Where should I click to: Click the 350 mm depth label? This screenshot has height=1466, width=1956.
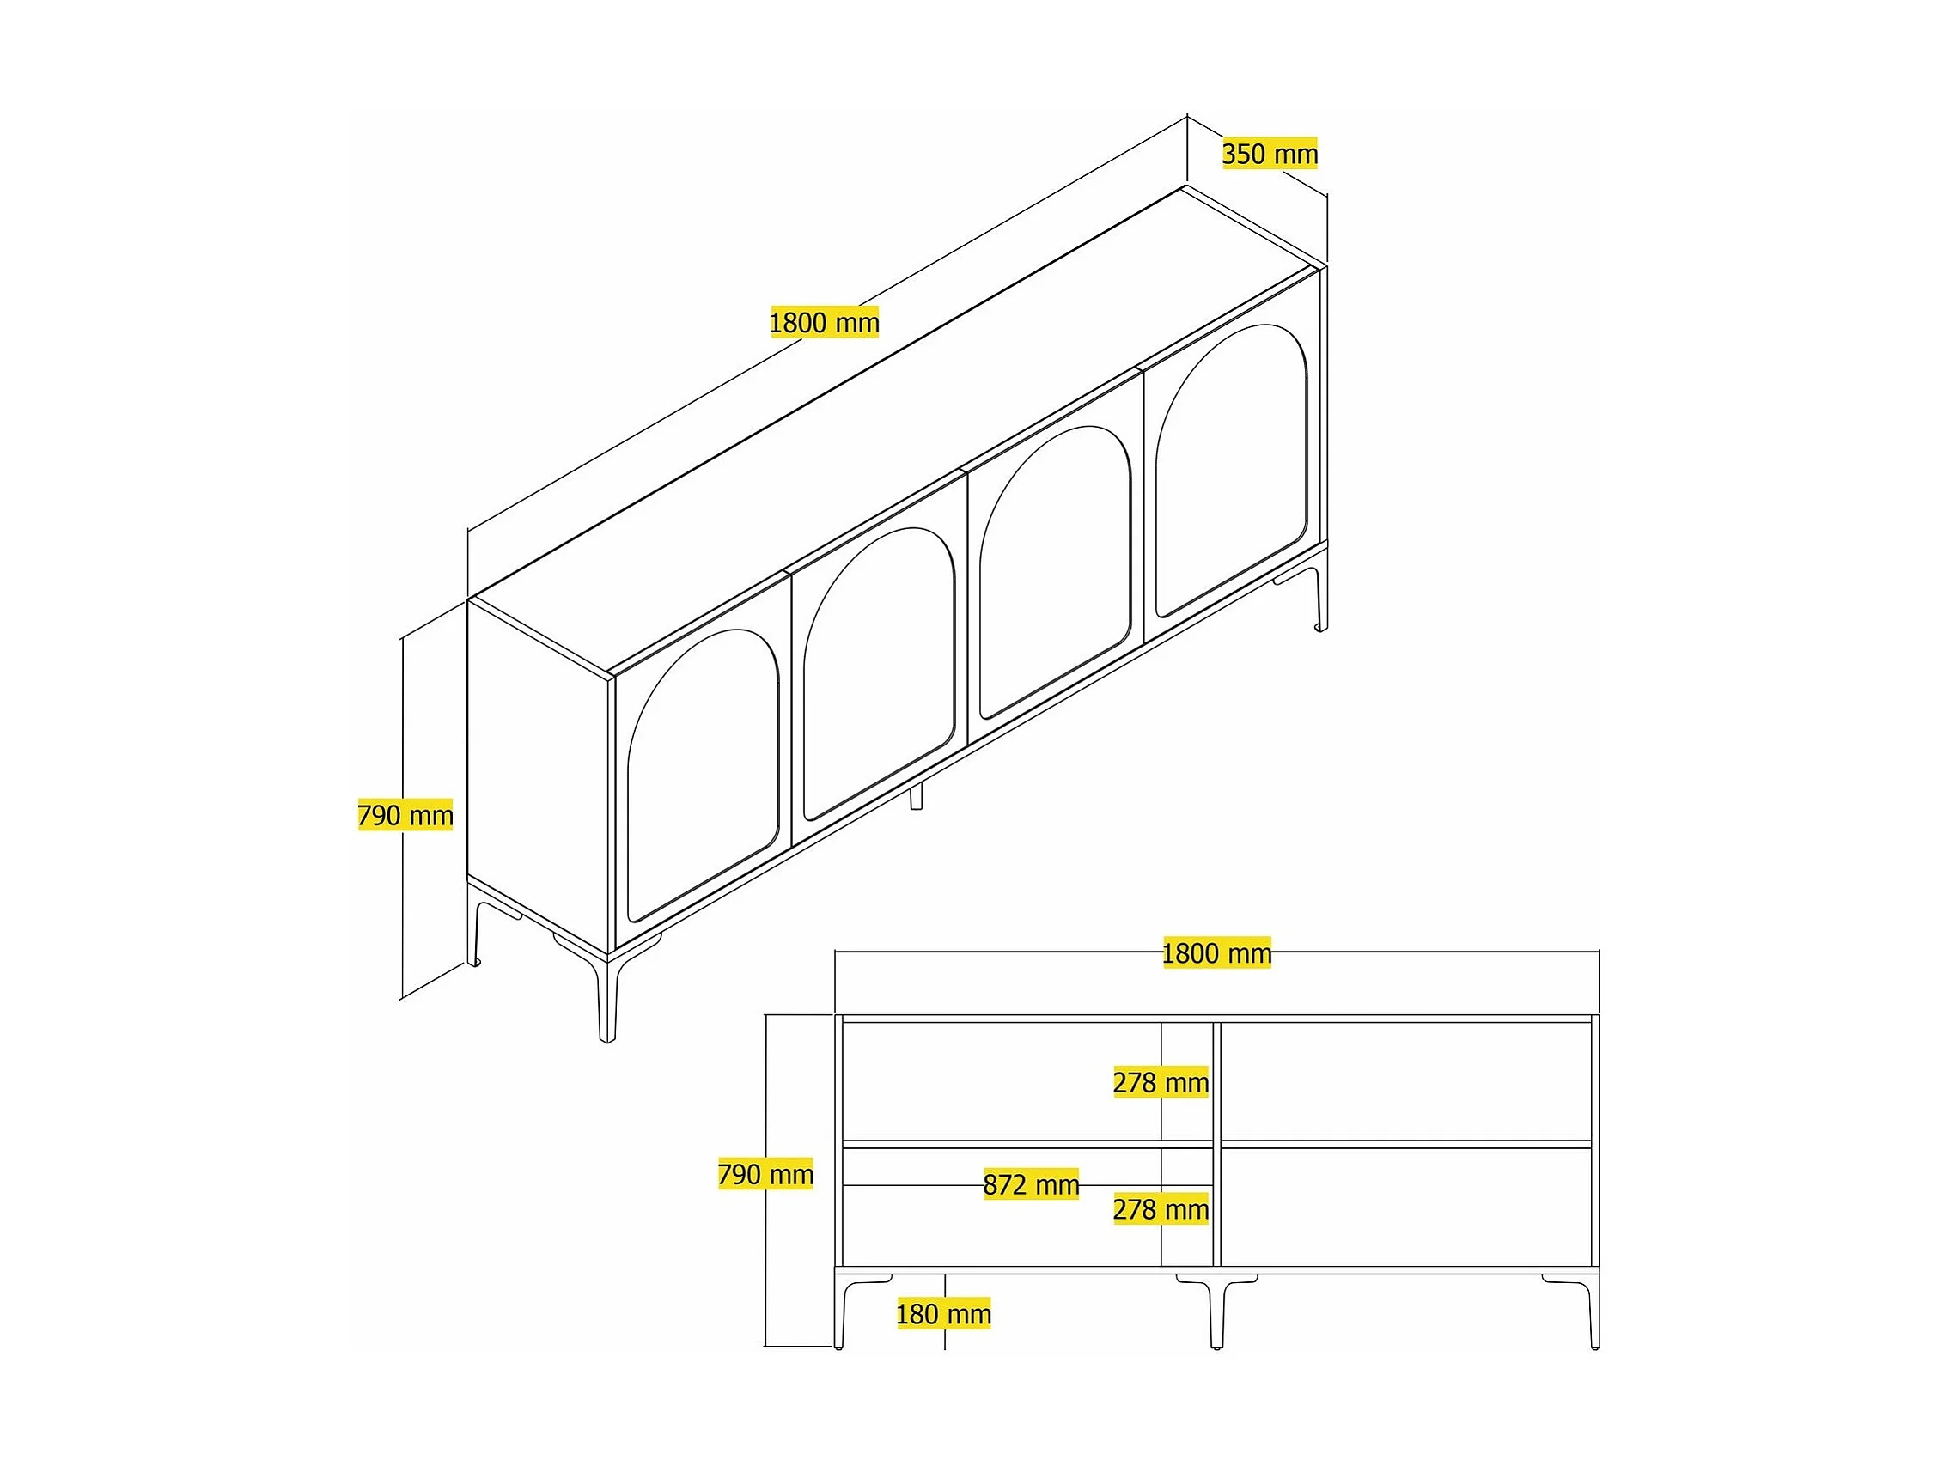coord(1270,154)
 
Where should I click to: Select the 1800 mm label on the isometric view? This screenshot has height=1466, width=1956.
coord(824,323)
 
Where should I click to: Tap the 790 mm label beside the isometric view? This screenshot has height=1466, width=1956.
coord(405,814)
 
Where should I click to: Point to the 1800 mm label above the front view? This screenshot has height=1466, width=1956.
coord(1216,953)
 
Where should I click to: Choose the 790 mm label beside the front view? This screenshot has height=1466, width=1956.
coord(765,1174)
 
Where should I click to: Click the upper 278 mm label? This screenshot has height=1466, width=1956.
coord(1161,1082)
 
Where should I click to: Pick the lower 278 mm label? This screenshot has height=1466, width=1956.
coord(1161,1208)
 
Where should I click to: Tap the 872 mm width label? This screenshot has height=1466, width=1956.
coord(1031,1184)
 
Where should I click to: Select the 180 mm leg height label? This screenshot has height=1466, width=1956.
coord(943,1314)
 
